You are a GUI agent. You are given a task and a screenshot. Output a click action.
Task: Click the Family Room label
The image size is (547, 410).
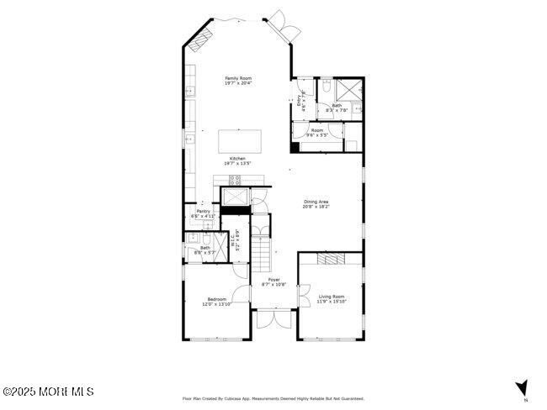tap(238, 81)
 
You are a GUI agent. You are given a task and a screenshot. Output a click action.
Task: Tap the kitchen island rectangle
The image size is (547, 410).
tap(240, 140)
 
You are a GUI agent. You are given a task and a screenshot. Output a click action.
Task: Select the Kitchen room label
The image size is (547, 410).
tap(238, 161)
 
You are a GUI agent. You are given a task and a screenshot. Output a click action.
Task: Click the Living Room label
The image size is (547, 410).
tap(332, 298)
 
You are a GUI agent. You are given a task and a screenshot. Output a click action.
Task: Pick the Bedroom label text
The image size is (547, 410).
tap(215, 302)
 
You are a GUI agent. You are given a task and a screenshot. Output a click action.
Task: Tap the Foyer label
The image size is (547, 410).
tap(273, 281)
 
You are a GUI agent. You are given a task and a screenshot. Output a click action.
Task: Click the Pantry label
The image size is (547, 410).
tap(203, 213)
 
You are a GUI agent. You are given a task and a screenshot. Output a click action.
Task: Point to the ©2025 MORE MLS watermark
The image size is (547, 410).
tap(48, 392)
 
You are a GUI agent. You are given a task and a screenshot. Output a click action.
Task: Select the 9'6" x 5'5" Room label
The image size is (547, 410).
tap(317, 133)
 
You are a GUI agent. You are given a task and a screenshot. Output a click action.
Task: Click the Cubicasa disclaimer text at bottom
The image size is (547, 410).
tap(273, 398)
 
